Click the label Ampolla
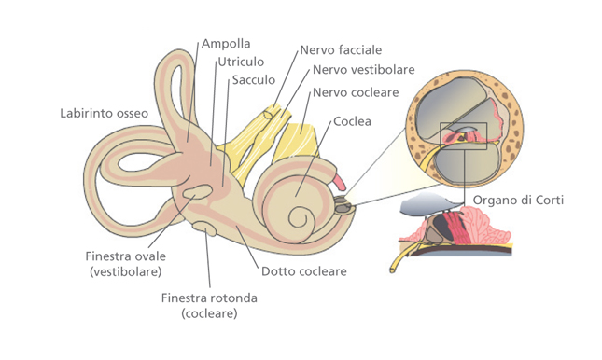pyautogui.click(x=225, y=44)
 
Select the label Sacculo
pyautogui.click(x=254, y=80)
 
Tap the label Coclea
pyautogui.click(x=352, y=121)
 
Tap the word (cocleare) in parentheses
pyautogui.click(x=209, y=313)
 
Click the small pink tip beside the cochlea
pyautogui.click(x=338, y=178)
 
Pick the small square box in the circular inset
pyautogui.click(x=463, y=137)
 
